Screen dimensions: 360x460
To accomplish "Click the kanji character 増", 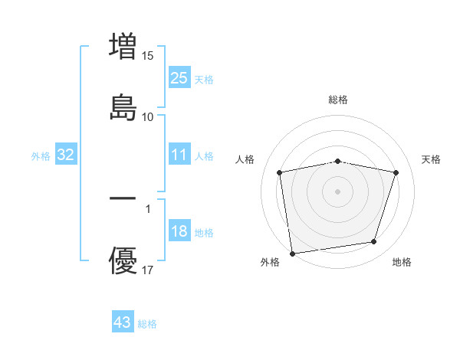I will [123, 46].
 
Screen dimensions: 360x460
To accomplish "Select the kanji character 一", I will [123, 198].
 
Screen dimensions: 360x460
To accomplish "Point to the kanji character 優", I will [123, 260].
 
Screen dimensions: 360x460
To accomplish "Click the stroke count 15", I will [148, 55].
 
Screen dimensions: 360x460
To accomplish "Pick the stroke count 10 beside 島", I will [148, 116].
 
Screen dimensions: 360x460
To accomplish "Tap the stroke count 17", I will [148, 270].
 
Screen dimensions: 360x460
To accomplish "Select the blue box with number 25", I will [179, 77].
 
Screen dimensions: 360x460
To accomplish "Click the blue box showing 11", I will [179, 155].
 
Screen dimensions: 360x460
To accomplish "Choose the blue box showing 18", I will [179, 231].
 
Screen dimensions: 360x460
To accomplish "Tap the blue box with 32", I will [65, 155].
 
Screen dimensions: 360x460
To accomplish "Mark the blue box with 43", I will [122, 322].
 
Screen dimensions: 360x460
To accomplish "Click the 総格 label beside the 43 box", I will [147, 324].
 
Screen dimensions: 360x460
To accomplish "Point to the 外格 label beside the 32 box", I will [41, 156].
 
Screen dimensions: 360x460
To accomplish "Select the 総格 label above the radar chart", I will [338, 100].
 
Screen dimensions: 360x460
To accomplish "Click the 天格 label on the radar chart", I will [431, 159].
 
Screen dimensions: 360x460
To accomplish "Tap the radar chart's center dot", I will [338, 191].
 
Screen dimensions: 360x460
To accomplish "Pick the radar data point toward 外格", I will [292, 253].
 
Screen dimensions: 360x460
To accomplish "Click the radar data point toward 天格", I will [396, 172].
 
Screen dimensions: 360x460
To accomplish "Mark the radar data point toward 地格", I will [374, 242].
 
